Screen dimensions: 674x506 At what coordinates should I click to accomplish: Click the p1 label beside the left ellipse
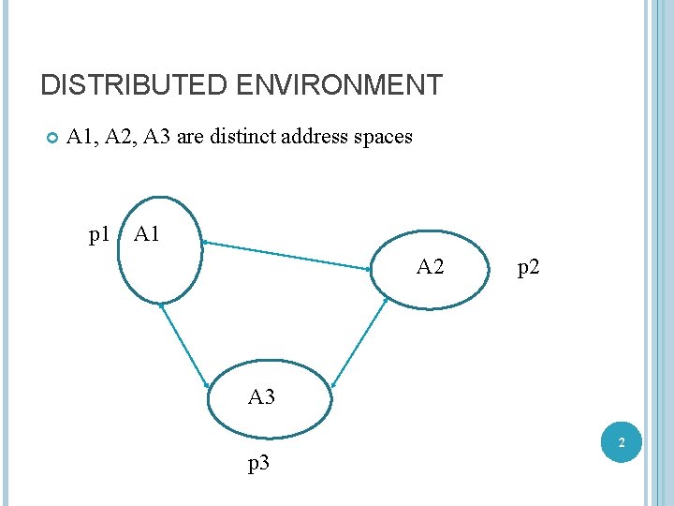[99, 234]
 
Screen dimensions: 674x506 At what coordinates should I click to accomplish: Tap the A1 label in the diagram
[148, 234]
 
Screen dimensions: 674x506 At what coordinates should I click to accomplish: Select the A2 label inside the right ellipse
[430, 268]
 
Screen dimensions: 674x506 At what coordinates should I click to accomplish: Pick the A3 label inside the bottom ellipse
[261, 397]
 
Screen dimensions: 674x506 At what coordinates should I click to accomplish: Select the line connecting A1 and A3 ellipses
[184, 345]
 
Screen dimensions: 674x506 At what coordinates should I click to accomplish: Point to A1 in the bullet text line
[81, 137]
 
